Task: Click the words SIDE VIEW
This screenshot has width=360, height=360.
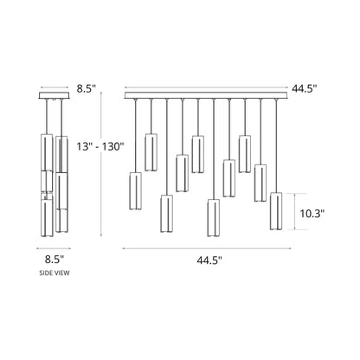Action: (x=55, y=273)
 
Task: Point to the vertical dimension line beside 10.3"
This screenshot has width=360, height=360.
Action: (x=298, y=211)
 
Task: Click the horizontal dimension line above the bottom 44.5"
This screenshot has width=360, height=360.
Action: (x=209, y=247)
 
